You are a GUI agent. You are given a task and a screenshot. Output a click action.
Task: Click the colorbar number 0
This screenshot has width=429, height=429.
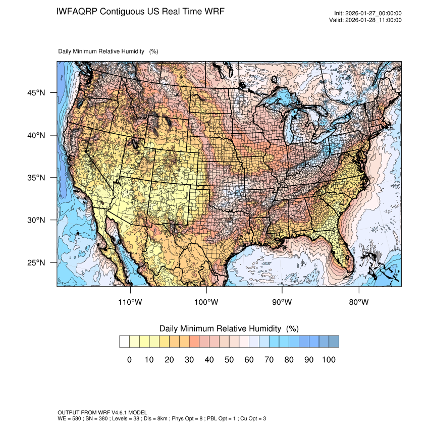point(129,360)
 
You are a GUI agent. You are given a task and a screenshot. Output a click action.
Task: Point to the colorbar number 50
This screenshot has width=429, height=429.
point(229,360)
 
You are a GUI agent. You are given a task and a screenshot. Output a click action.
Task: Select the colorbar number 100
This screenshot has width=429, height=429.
point(329,360)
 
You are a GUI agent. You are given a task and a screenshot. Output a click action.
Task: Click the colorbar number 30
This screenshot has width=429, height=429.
point(189,360)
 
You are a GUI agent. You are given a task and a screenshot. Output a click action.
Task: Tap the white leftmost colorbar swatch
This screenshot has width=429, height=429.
point(124,342)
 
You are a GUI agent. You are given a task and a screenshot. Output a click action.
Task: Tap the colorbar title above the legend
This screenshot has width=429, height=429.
point(229,329)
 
